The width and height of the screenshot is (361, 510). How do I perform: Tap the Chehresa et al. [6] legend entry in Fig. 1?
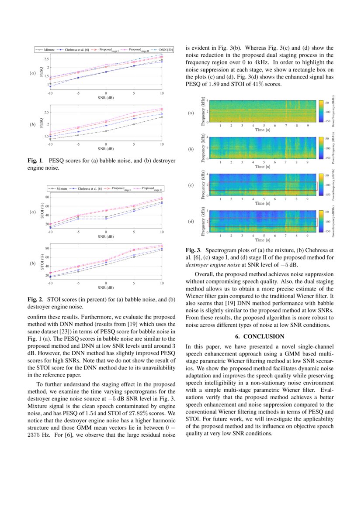76,50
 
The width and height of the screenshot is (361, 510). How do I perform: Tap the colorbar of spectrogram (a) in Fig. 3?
320,111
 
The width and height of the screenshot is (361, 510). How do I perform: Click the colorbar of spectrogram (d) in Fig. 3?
320,221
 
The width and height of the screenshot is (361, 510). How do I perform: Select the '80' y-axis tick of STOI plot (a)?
46,197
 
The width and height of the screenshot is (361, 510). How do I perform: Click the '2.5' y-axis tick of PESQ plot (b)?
46,112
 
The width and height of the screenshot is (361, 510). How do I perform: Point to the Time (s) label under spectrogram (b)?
262,166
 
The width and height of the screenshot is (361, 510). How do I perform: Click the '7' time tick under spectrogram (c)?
286,199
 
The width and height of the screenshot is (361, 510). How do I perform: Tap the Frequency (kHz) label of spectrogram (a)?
203,111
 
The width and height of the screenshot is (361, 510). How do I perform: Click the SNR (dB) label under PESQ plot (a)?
105,98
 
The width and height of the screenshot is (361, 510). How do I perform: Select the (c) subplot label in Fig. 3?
191,185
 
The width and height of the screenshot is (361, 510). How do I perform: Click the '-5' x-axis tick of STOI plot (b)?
78,283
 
